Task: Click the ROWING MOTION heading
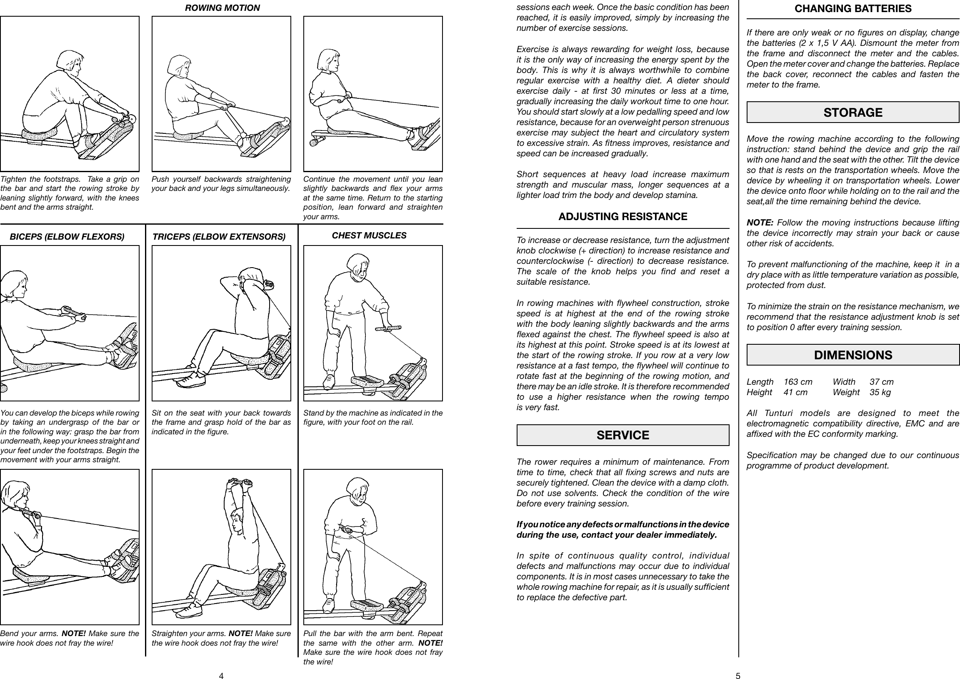tap(222, 8)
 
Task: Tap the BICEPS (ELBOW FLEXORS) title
tap(67, 237)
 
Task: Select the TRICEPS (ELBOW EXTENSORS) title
tap(219, 237)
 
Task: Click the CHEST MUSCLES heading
tap(369, 236)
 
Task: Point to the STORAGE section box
tap(852, 112)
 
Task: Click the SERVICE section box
tap(622, 435)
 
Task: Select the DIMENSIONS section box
tap(852, 355)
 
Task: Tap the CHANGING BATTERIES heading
tap(852, 8)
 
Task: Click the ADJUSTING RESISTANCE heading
tap(622, 216)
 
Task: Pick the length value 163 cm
tap(798, 381)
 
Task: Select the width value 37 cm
tap(881, 381)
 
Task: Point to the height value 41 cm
tap(795, 392)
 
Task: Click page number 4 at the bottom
tap(221, 675)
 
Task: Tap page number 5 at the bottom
tap(738, 675)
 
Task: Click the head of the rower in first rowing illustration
tap(69, 62)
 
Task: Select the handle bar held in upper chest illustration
tap(387, 329)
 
